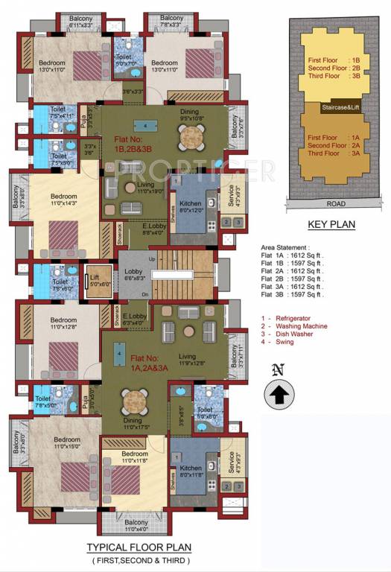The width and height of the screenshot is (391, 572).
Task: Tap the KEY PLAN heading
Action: [331, 223]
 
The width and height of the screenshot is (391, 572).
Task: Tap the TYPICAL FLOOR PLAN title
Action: [139, 547]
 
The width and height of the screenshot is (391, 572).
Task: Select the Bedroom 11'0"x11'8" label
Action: [135, 457]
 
